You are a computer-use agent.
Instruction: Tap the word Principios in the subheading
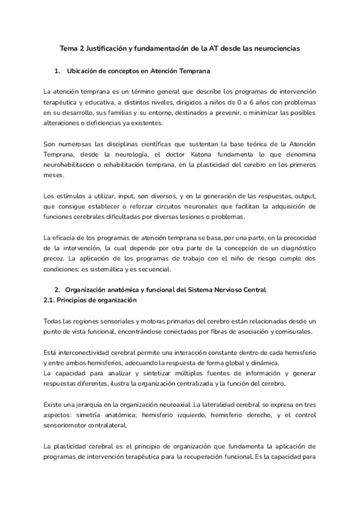click(x=76, y=300)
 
